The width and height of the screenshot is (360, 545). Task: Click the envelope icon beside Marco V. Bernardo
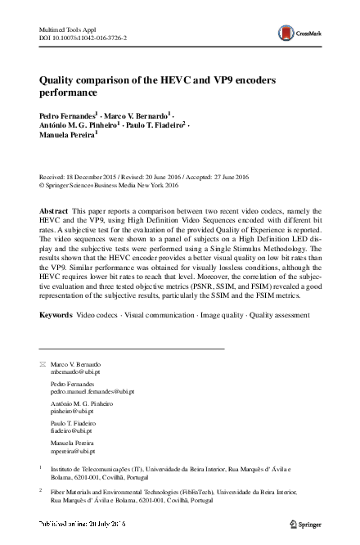(43, 363)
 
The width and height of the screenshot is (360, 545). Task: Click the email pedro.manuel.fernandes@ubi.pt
(91, 392)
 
